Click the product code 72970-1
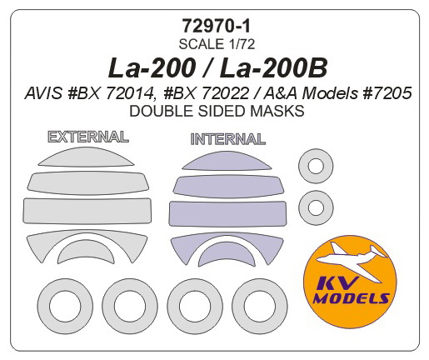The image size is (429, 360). pyautogui.click(x=217, y=26)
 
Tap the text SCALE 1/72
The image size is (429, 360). pyautogui.click(x=217, y=44)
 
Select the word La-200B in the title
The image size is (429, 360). pyautogui.click(x=274, y=68)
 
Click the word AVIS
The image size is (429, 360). pyautogui.click(x=43, y=93)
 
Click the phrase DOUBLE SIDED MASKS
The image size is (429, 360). pyautogui.click(x=217, y=111)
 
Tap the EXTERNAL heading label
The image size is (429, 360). pyautogui.click(x=88, y=137)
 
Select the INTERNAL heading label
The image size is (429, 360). pyautogui.click(x=228, y=139)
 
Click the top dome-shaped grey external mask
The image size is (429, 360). pyautogui.click(x=86, y=157)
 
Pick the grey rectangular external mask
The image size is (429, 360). pyautogui.click(x=87, y=211)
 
